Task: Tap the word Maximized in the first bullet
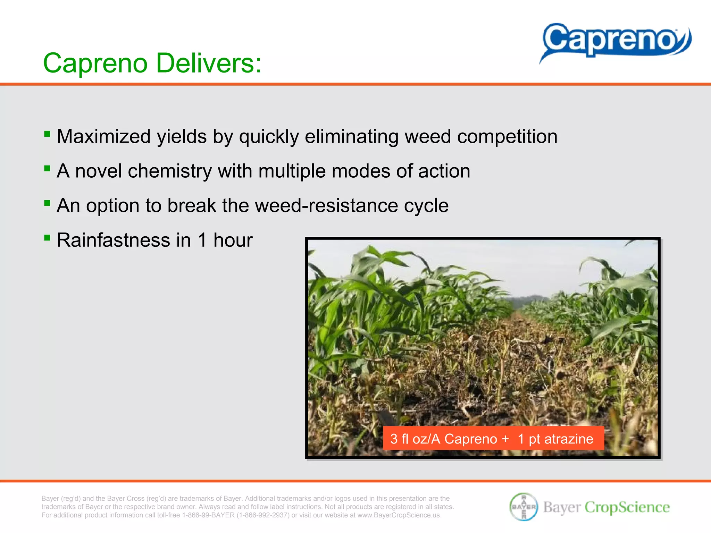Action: (103, 136)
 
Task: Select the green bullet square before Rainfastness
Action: (48, 238)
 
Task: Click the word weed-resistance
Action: (326, 205)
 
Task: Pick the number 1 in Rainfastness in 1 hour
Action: (202, 240)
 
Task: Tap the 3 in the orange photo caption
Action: (393, 439)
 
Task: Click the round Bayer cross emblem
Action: (524, 507)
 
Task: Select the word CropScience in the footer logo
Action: (627, 507)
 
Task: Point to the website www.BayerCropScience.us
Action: (399, 515)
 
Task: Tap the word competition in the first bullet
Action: (507, 136)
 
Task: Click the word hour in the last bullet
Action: (233, 240)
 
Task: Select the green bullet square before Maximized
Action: (48, 134)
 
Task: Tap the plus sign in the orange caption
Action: (505, 439)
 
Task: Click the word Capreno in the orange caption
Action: (471, 439)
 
